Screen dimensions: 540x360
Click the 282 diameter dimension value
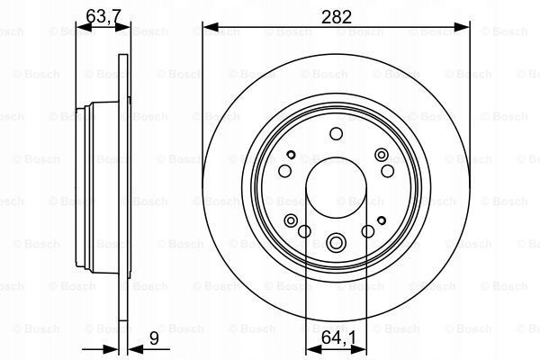[336, 17]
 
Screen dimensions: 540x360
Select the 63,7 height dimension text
[103, 16]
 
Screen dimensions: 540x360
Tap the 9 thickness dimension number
[154, 338]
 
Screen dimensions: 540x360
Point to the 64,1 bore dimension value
[338, 338]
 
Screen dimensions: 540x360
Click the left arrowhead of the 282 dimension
[211, 27]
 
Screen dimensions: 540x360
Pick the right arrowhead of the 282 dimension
[463, 27]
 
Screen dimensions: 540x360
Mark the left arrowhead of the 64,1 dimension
[313, 349]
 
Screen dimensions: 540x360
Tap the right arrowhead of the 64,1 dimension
[358, 349]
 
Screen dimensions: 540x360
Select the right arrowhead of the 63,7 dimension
[123, 27]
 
